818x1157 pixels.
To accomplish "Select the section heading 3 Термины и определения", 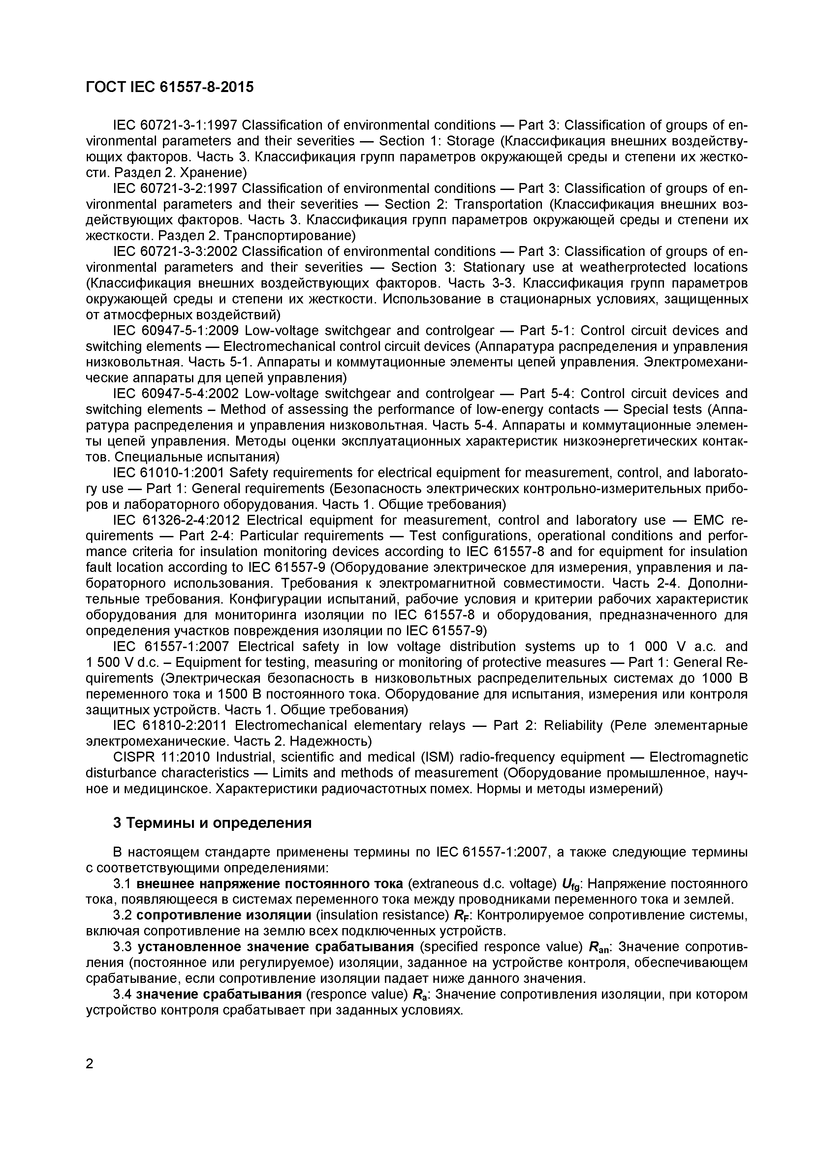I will pyautogui.click(x=212, y=823).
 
